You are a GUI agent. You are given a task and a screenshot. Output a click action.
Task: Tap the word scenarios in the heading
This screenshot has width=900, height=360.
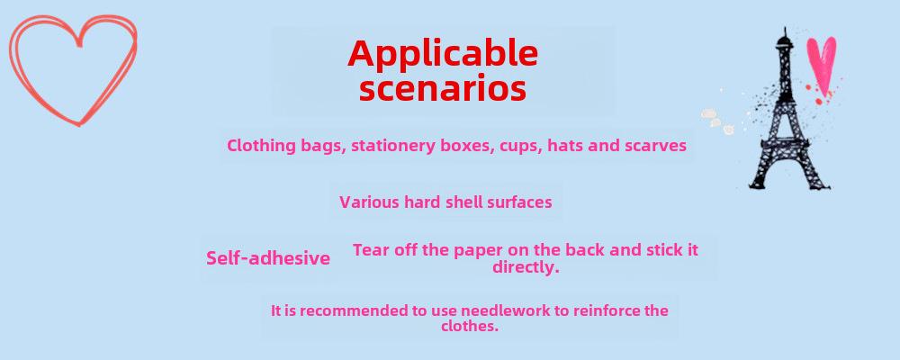443,89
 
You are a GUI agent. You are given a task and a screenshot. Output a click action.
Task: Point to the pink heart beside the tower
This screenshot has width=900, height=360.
822,64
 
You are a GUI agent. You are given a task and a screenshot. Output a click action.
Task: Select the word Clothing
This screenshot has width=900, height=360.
262,146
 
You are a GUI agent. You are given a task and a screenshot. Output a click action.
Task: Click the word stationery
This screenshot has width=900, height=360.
393,146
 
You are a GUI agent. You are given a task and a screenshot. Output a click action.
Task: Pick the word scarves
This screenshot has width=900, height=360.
655,146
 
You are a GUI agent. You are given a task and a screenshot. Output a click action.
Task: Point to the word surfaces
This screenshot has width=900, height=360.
519,202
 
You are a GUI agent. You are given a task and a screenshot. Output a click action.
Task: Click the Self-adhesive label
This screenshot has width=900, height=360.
268,258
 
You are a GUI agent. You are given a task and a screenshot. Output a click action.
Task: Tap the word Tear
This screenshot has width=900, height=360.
371,250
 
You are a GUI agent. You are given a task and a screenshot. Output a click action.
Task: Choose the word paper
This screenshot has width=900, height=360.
475,251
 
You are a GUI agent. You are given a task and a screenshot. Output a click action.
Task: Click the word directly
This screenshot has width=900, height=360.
526,267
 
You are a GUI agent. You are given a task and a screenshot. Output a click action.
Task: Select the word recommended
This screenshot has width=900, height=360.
355,310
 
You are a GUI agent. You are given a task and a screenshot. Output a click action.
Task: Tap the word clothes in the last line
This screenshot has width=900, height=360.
470,326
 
